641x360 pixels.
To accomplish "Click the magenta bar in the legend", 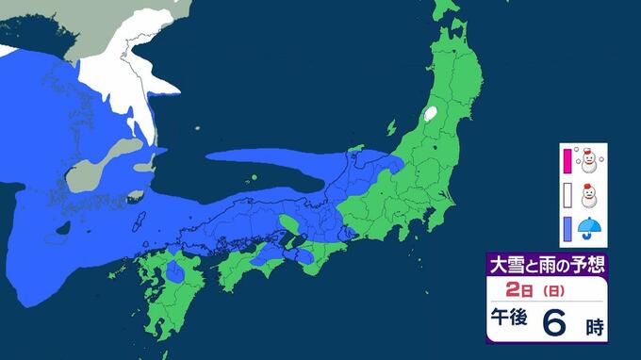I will click(x=567, y=163).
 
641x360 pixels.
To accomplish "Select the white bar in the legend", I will click(x=567, y=196).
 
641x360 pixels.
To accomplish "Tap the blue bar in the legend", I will click(x=567, y=228).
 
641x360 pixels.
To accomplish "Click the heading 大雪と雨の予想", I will click(x=543, y=263).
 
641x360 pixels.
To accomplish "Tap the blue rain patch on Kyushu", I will click(x=174, y=273).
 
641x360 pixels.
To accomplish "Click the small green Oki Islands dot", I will click(x=255, y=179).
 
